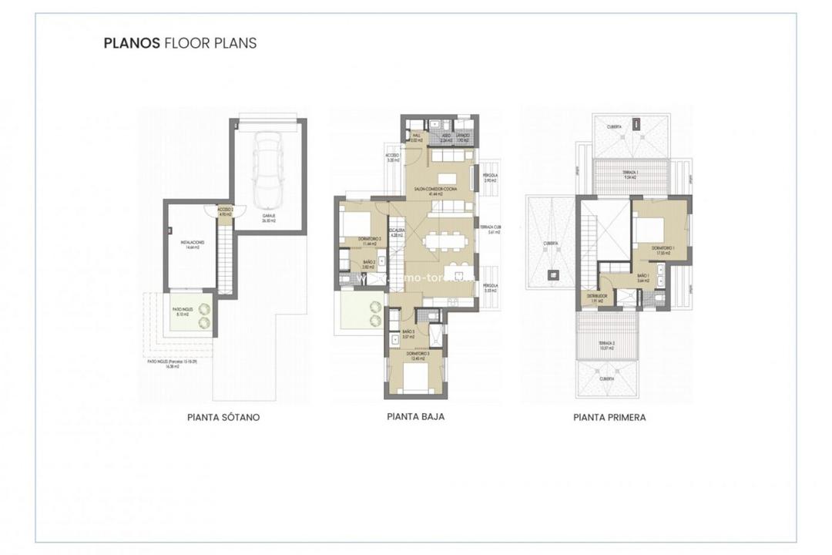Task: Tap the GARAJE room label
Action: pos(267,218)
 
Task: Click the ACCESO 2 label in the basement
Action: pos(225,210)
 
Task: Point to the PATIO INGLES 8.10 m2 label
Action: pos(183,312)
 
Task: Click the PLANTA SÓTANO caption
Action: pos(223,417)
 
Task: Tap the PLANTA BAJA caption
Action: pos(415,416)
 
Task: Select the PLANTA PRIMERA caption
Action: pos(609,417)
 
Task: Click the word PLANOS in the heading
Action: pos(132,43)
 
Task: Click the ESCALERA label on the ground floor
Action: pos(398,232)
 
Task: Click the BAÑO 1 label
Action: pos(643,277)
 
